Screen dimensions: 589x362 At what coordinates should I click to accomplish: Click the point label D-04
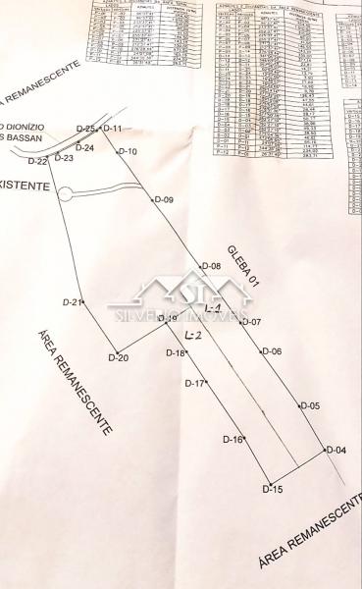point(336,451)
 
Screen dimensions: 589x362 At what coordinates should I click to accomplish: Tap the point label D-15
point(273,489)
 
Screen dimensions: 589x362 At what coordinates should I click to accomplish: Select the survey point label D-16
point(232,439)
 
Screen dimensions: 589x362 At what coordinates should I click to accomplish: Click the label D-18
point(176,352)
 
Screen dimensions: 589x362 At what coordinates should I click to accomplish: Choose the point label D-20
point(118,357)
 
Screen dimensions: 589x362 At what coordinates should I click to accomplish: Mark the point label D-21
point(71,302)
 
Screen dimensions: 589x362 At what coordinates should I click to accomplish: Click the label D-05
point(310,405)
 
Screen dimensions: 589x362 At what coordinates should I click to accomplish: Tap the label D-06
point(271,351)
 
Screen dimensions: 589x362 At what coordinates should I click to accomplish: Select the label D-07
point(250,322)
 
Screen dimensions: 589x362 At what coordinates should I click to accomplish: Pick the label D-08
point(210,267)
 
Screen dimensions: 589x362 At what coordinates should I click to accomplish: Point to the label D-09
point(163,200)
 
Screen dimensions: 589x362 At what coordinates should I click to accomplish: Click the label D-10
point(128,151)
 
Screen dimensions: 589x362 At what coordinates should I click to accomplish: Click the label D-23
point(65,157)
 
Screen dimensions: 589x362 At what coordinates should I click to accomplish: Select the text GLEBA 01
point(242,264)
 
